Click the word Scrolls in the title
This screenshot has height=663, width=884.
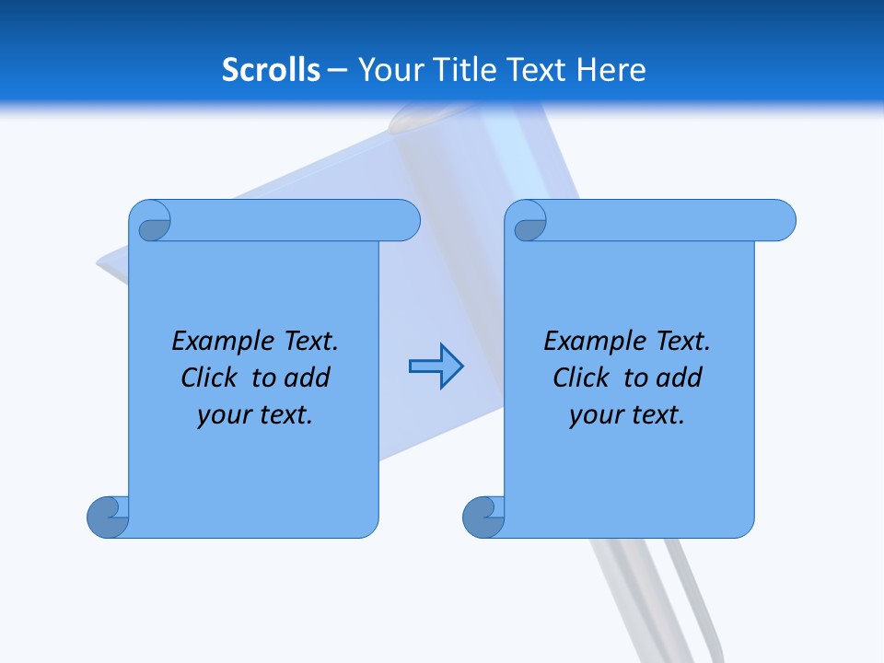click(x=271, y=70)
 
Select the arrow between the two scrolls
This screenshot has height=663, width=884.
click(x=436, y=366)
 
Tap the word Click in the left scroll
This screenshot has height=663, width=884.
click(x=211, y=378)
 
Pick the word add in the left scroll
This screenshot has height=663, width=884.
click(x=307, y=378)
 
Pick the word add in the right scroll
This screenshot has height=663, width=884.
click(x=679, y=378)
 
